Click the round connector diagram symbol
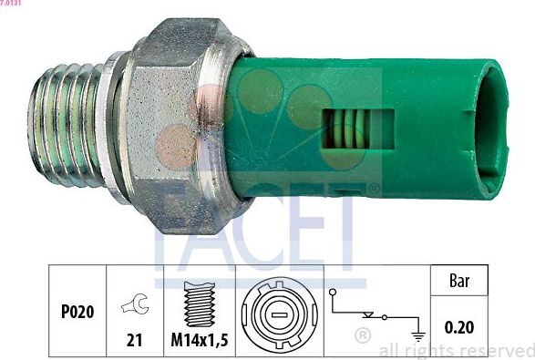pyautogui.click(x=281, y=314)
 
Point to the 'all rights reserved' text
pyautogui.click(x=456, y=349)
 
